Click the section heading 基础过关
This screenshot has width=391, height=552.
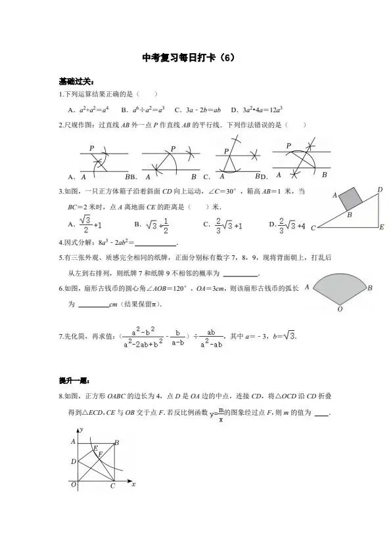[x=73, y=82]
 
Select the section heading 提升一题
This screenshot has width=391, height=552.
[x=73, y=381]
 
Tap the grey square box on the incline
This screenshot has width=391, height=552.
[x=350, y=198]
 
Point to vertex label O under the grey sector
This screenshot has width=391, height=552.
[x=339, y=308]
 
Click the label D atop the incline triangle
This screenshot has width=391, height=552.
[x=380, y=190]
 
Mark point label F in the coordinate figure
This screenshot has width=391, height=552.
[x=100, y=454]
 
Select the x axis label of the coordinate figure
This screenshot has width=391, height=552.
[x=133, y=484]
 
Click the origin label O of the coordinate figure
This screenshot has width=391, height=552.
[x=74, y=484]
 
